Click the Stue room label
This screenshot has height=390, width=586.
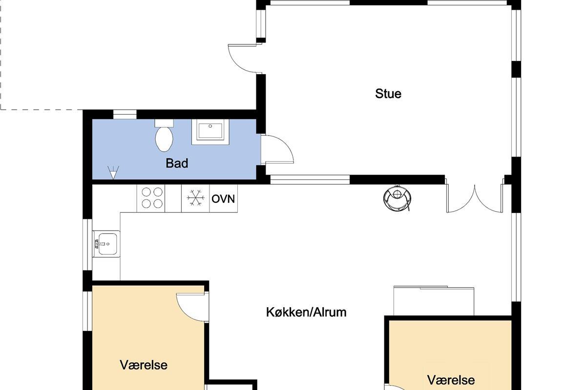tap(388, 94)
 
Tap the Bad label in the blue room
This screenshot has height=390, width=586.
tap(177, 163)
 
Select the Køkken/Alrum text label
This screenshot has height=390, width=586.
tap(306, 312)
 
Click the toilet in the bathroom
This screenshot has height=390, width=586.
tap(164, 136)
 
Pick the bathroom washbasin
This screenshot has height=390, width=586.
tap(210, 132)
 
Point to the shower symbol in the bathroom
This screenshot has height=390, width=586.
tap(113, 173)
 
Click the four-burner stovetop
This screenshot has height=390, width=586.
tap(151, 198)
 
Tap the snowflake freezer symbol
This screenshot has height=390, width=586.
tap(195, 198)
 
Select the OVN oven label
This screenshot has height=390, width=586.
tap(223, 199)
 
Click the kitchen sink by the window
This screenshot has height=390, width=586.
tap(106, 244)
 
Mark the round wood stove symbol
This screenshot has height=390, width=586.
tap(397, 198)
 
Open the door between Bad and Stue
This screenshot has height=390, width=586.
tap(277, 149)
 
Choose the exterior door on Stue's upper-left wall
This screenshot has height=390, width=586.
tap(245, 58)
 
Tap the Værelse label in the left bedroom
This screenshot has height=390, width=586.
tap(144, 365)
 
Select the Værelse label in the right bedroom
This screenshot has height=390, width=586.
tap(451, 380)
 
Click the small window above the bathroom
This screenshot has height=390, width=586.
tap(125, 115)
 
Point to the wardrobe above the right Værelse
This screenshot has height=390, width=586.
tap(434, 301)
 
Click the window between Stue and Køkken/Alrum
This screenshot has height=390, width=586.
tap(310, 180)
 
